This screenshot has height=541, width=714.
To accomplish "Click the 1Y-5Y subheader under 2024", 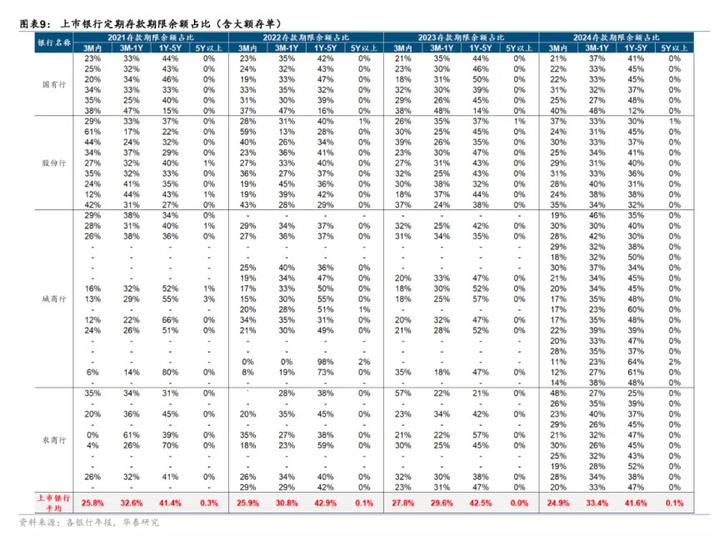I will pyautogui.click(x=636, y=48).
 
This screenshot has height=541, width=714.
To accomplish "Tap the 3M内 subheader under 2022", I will pyautogui.click(x=247, y=48).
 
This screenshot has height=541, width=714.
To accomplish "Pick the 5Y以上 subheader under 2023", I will pyautogui.click(x=519, y=48).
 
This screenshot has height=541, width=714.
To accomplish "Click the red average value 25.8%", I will pyautogui.click(x=92, y=503).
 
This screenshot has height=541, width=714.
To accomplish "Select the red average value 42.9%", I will pyautogui.click(x=325, y=503).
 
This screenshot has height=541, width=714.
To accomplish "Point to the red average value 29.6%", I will pyautogui.click(x=442, y=503).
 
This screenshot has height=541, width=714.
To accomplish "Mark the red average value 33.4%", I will pyautogui.click(x=597, y=503).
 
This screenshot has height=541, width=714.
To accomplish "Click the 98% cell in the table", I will pyautogui.click(x=325, y=362).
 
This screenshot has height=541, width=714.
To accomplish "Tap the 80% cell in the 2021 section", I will pyautogui.click(x=170, y=372).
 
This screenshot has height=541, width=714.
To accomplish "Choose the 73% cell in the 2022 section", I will pyautogui.click(x=325, y=372).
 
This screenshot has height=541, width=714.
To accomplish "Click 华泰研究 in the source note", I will pyautogui.click(x=140, y=523).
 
